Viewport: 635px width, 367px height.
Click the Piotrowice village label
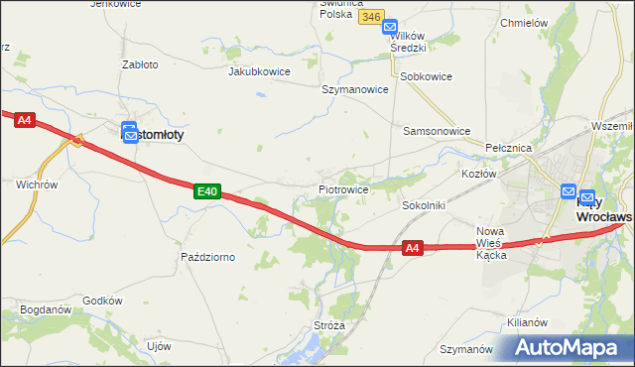(x=344, y=188)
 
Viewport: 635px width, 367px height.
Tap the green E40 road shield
(x=206, y=190)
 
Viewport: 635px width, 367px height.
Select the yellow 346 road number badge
(x=371, y=17)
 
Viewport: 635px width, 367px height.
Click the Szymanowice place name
(x=354, y=88)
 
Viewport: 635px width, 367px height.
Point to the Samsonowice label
(x=436, y=131)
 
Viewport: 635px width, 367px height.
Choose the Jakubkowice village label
(x=260, y=71)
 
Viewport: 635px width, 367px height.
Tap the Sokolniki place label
(x=423, y=205)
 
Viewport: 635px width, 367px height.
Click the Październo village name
(x=208, y=257)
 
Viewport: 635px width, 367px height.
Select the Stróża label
(x=328, y=324)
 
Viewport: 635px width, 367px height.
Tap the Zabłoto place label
(x=140, y=64)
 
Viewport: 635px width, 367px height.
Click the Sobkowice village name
(x=426, y=76)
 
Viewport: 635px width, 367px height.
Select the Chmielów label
(x=525, y=23)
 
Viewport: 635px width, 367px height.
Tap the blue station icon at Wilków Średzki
(x=390, y=28)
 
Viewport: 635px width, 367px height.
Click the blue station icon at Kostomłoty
(x=130, y=133)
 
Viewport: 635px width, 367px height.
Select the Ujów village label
(x=159, y=346)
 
